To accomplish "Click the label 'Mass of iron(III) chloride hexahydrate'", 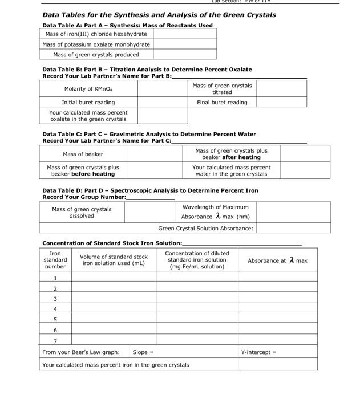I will click(96, 34).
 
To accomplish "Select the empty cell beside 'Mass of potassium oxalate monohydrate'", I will click(184, 44).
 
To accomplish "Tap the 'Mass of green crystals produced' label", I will click(96, 55).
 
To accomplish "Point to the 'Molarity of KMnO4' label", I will click(88, 89).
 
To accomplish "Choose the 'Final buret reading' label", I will click(222, 103).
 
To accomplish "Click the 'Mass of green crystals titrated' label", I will click(222, 89).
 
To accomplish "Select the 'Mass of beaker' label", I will click(83, 154).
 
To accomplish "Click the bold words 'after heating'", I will click(241, 157).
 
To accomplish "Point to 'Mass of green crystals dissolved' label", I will click(82, 213).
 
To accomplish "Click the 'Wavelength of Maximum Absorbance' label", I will click(215, 212).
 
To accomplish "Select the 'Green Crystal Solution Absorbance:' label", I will click(205, 228).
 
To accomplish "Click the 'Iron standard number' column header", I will click(55, 260).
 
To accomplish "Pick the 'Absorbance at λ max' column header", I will click(277, 260).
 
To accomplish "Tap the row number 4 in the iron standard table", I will click(55, 309).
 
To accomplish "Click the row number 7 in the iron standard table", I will click(55, 341).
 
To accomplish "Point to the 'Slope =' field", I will click(143, 352).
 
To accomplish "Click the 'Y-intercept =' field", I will click(259, 352).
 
